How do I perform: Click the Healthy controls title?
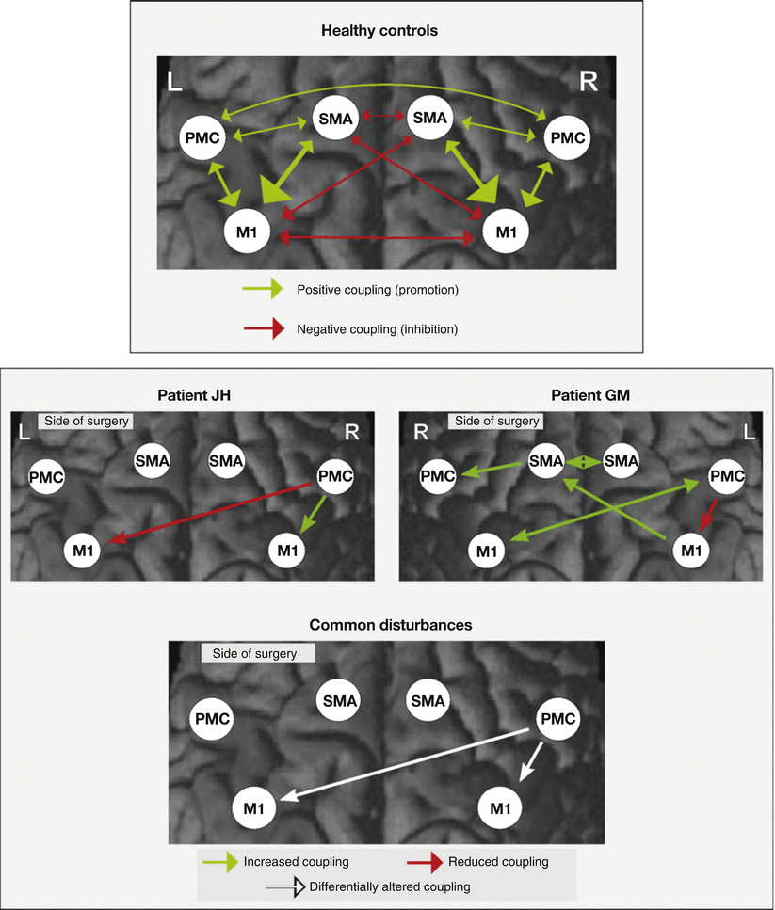click(x=379, y=30)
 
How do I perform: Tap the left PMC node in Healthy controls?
click(x=204, y=138)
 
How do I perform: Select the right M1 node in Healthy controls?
click(x=506, y=231)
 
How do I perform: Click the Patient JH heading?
click(x=192, y=395)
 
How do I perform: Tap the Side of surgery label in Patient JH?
click(x=84, y=422)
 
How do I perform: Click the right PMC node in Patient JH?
click(x=335, y=476)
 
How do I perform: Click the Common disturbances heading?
click(x=385, y=624)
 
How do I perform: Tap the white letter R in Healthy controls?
click(x=589, y=81)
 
